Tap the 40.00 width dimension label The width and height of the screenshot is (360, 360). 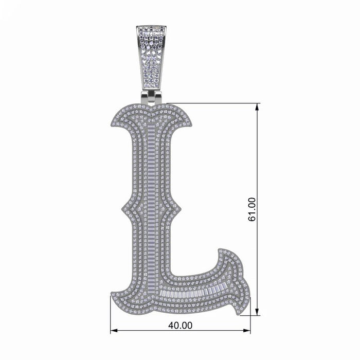(180, 325)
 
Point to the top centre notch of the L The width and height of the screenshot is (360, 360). (151, 110)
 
